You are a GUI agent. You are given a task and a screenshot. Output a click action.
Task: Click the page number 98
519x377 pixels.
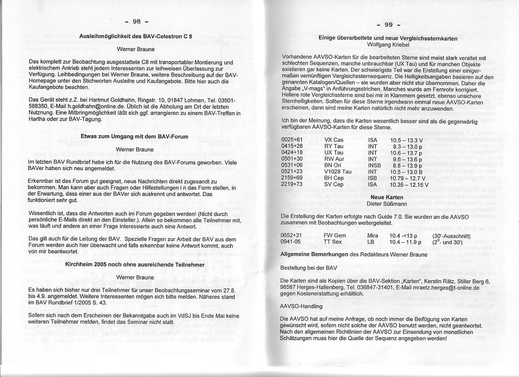(136, 21)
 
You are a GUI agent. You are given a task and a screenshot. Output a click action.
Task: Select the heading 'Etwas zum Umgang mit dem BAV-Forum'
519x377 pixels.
(134, 137)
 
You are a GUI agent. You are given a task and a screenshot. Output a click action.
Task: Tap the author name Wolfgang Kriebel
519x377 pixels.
(388, 45)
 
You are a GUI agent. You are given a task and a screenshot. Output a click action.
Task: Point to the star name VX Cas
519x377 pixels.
(333, 140)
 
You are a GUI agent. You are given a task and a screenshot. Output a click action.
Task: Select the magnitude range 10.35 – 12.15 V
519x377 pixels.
(409, 185)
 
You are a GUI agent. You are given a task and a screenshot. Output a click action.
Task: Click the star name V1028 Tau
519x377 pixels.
(337, 172)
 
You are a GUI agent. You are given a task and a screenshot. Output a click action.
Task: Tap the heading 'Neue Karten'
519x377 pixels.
(387, 197)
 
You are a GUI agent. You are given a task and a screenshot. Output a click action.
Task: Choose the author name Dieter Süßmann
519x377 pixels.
(387, 204)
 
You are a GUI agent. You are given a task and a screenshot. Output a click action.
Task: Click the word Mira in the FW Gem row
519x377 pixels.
(373, 236)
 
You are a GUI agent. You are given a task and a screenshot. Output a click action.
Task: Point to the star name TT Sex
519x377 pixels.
(333, 242)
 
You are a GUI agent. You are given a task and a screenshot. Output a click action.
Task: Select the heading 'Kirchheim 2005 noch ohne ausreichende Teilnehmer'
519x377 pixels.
(135, 264)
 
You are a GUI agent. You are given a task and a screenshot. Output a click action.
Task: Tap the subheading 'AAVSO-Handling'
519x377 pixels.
(301, 306)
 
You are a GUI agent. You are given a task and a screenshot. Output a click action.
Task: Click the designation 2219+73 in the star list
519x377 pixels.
(292, 185)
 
